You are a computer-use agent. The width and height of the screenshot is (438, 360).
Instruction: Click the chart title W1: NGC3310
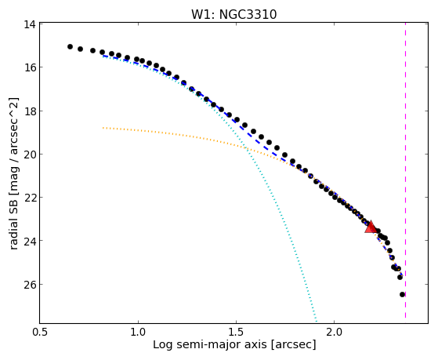pos(233,14)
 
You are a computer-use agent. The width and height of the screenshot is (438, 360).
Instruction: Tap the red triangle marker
pos(371,227)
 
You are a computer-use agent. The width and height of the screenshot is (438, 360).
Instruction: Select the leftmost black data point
pos(70,46)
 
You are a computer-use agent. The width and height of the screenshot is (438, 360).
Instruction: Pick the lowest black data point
pos(402,294)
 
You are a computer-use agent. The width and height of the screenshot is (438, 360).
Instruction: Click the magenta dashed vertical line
pos(405,170)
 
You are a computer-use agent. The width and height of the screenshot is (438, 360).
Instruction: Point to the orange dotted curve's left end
pos(103,128)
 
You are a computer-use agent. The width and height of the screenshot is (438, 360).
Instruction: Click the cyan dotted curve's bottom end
pos(317,321)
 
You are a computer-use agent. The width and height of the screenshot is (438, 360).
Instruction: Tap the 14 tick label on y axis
pos(29,24)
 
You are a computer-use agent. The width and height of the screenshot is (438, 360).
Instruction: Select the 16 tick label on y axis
pos(29,67)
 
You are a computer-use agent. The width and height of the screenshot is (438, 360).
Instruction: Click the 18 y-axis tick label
pos(29,111)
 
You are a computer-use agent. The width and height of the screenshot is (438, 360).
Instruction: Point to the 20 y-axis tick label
pos(29,155)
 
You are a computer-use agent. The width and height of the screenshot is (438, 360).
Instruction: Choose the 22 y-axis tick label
pos(29,197)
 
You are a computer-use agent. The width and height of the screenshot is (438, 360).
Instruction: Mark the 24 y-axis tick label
pos(29,241)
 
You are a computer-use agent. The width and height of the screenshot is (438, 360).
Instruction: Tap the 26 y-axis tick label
pos(29,285)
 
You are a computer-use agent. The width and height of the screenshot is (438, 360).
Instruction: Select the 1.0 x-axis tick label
pos(138,332)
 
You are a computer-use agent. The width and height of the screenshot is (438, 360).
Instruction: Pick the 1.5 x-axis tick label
pos(237,332)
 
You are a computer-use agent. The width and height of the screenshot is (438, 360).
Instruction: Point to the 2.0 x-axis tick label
pos(335,332)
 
